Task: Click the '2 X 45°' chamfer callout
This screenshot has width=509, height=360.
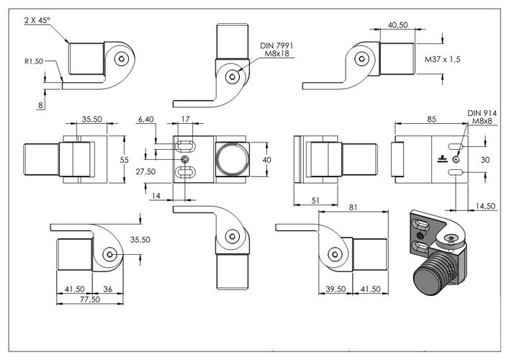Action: click(37, 20)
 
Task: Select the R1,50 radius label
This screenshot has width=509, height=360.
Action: click(34, 61)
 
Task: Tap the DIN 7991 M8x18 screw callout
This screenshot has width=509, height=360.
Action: click(276, 50)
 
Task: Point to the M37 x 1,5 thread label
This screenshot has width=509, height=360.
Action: click(443, 60)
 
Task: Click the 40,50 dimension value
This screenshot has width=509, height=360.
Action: click(397, 25)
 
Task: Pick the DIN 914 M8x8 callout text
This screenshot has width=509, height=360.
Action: click(482, 117)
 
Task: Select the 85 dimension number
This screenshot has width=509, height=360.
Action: click(431, 119)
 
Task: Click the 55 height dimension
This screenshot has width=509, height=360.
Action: click(125, 160)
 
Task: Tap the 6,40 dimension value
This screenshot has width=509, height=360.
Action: click(145, 120)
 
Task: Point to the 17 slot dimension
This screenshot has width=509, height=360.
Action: click(185, 119)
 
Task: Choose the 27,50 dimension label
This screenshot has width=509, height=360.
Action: click(145, 172)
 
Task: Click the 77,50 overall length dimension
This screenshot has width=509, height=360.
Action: click(90, 299)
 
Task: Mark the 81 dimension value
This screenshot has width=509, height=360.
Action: click(353, 207)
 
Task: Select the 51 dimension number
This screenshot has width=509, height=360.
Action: click(315, 201)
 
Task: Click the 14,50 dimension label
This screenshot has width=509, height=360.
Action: click(486, 206)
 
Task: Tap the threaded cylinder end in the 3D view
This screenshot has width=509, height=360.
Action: click(429, 279)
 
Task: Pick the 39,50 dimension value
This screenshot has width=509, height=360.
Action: click(335, 289)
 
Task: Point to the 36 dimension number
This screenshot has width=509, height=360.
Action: click(107, 289)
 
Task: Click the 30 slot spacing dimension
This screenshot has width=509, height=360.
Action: click(485, 160)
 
